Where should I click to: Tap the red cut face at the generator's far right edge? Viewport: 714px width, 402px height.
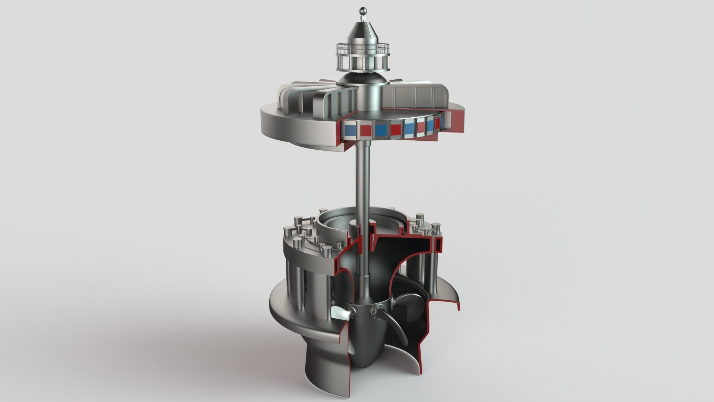pyautogui.click(x=458, y=119)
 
